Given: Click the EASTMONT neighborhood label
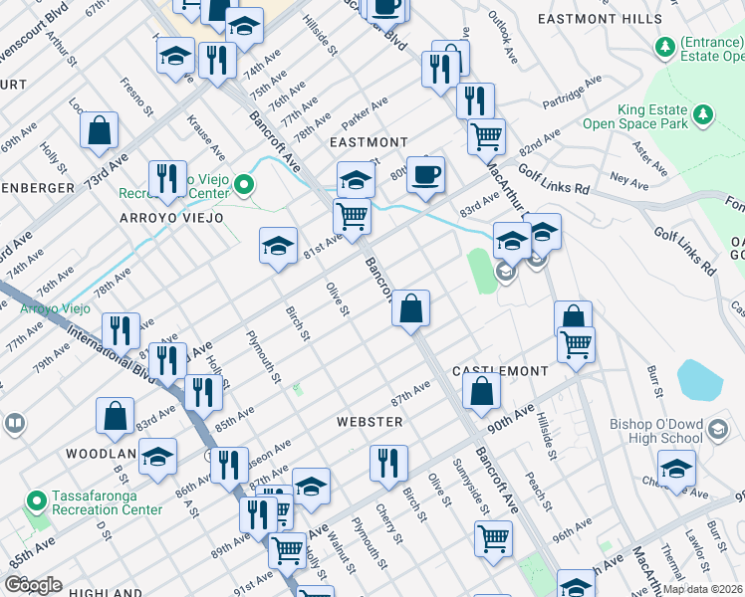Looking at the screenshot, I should [369, 142].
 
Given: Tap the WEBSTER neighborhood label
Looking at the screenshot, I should [370, 422].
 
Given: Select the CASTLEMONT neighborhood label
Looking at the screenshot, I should [500, 370].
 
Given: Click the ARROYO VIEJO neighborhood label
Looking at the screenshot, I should [171, 217].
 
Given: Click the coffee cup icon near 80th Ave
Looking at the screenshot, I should [425, 175].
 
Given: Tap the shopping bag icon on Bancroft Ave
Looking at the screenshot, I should [410, 308].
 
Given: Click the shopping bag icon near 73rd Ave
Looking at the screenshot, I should [99, 130].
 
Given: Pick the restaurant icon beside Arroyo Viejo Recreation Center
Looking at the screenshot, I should [167, 180].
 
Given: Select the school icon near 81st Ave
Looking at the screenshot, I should [278, 247].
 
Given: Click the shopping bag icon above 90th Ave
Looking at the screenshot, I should [481, 392].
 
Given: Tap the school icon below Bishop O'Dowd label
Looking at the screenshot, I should [676, 470].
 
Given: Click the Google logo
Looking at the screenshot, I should [34, 584].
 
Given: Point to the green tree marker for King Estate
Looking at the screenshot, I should [704, 116].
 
